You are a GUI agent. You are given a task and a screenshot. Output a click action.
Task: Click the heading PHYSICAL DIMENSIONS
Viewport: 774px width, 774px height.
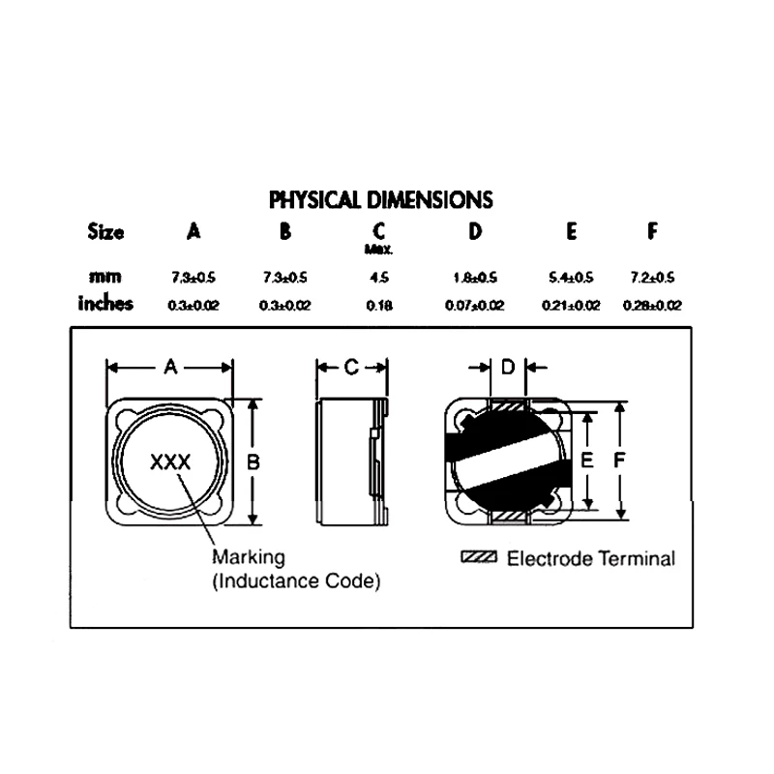(380, 200)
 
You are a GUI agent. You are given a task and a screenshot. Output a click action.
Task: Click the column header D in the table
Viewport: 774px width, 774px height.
(475, 232)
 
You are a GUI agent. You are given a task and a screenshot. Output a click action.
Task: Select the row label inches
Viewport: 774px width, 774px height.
(105, 304)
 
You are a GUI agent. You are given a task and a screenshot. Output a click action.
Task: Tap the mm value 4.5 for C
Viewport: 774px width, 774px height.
(379, 278)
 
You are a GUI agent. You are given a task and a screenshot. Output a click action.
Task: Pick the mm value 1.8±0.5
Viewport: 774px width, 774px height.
(475, 278)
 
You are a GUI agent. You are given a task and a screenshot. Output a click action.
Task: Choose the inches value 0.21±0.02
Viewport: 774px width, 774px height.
(571, 305)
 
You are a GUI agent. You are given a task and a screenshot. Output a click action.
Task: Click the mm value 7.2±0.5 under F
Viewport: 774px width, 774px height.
(652, 278)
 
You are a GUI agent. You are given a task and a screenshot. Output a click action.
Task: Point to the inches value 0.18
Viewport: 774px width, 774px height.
(379, 305)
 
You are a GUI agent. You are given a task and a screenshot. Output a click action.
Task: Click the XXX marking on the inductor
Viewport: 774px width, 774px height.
(170, 462)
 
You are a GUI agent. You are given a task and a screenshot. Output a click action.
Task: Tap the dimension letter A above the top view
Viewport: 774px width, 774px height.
(170, 368)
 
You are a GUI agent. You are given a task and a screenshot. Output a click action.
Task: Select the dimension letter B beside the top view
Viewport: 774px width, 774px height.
(253, 462)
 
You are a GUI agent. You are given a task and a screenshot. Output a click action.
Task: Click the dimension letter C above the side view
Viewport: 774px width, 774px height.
(352, 368)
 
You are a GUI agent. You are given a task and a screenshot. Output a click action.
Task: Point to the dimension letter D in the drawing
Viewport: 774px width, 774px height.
(509, 368)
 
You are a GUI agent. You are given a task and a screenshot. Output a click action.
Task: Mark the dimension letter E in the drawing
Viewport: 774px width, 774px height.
(586, 462)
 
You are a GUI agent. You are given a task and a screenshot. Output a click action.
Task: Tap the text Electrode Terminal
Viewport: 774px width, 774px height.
(591, 558)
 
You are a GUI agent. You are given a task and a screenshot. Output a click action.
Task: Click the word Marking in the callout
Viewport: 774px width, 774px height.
(249, 558)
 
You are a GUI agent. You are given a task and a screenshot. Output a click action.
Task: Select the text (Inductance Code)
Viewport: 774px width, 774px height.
(295, 581)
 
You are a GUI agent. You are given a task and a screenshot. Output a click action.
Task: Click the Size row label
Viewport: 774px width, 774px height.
(105, 232)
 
